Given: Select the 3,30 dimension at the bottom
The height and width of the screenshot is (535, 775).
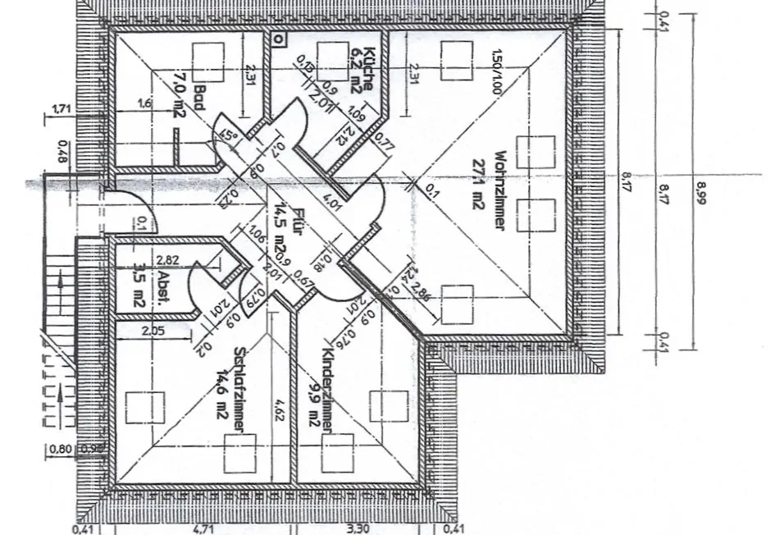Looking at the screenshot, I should (358, 528).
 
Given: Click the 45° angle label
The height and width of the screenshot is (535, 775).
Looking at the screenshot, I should (229, 138).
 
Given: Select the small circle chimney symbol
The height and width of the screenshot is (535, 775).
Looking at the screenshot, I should (279, 38).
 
